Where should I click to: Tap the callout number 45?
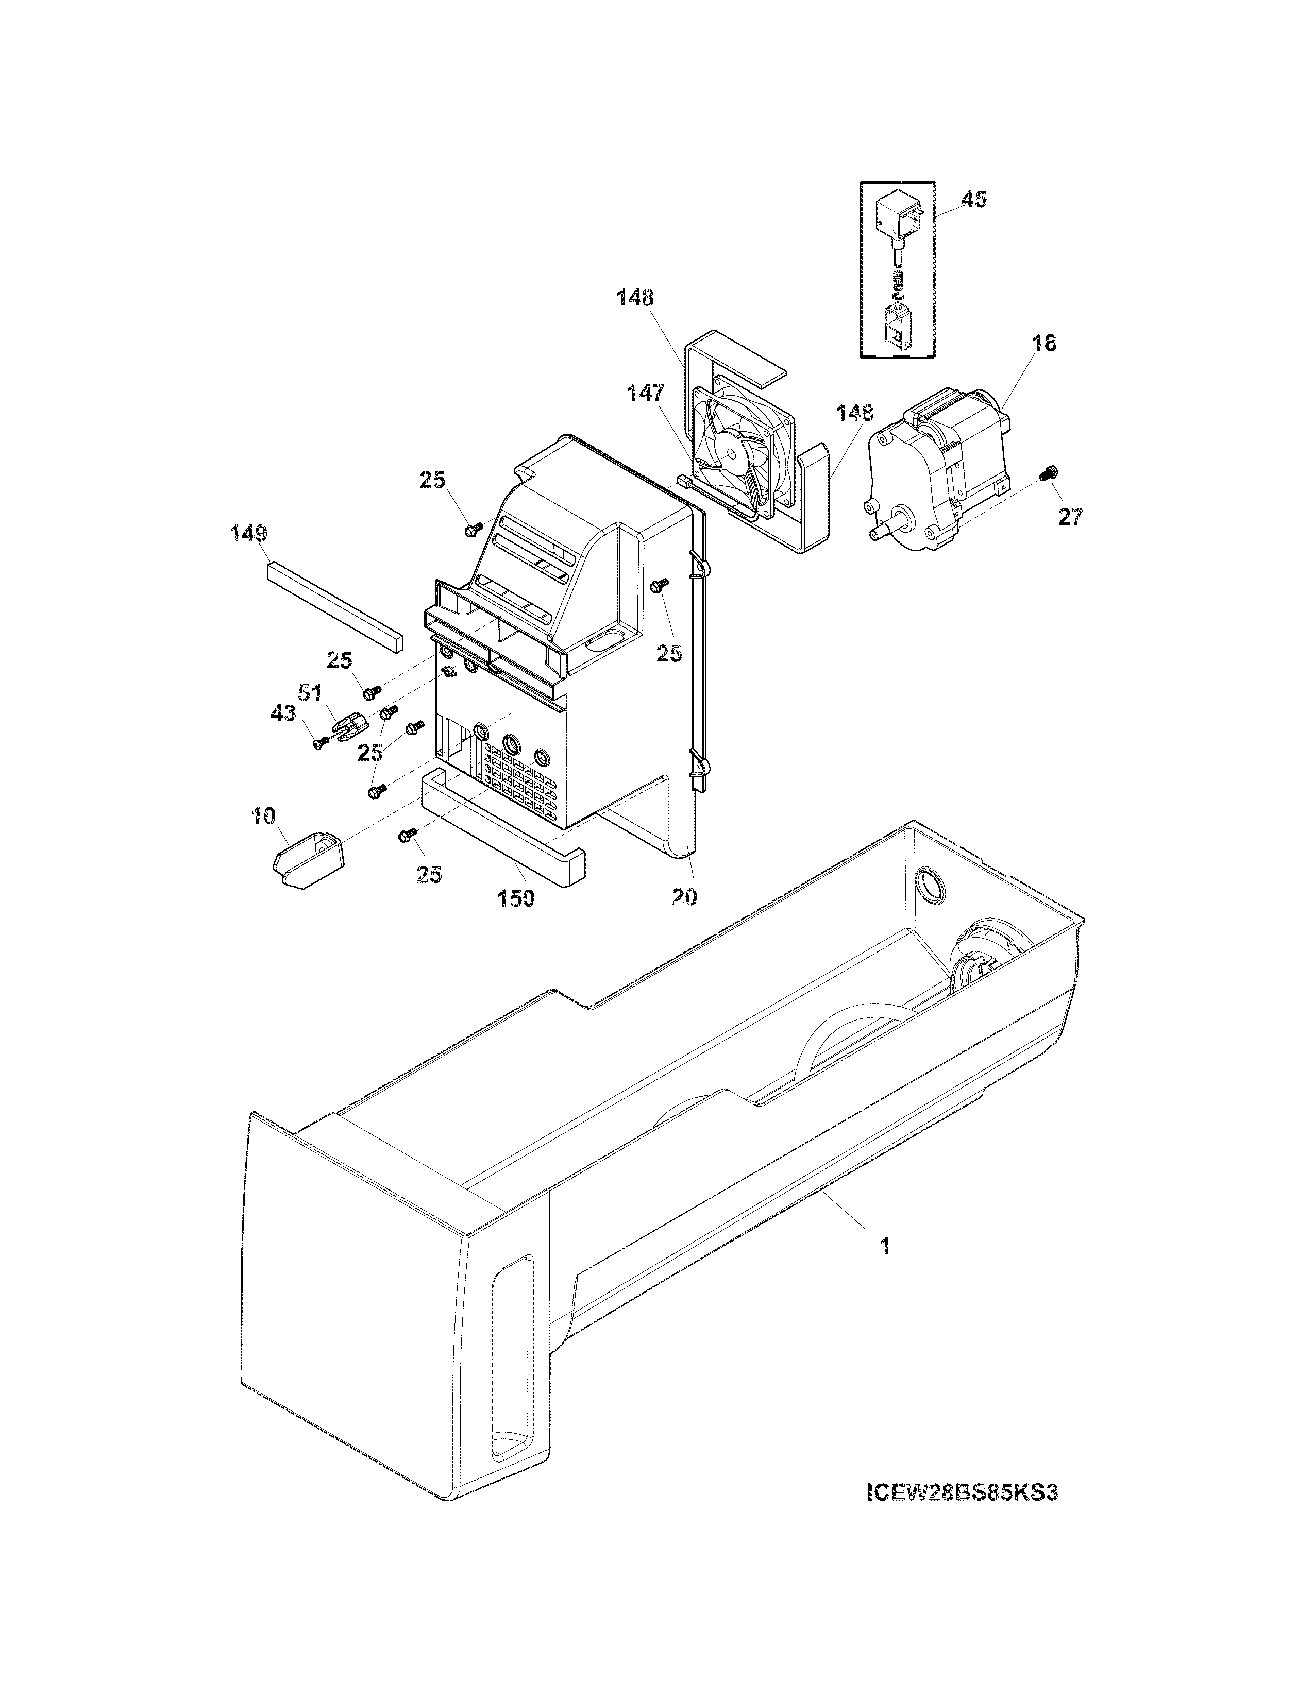point(973,199)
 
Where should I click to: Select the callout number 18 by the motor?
point(1045,343)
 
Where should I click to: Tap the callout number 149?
point(248,534)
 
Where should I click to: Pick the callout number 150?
point(516,899)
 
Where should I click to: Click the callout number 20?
point(684,897)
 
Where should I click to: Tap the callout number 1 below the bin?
point(884,1246)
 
